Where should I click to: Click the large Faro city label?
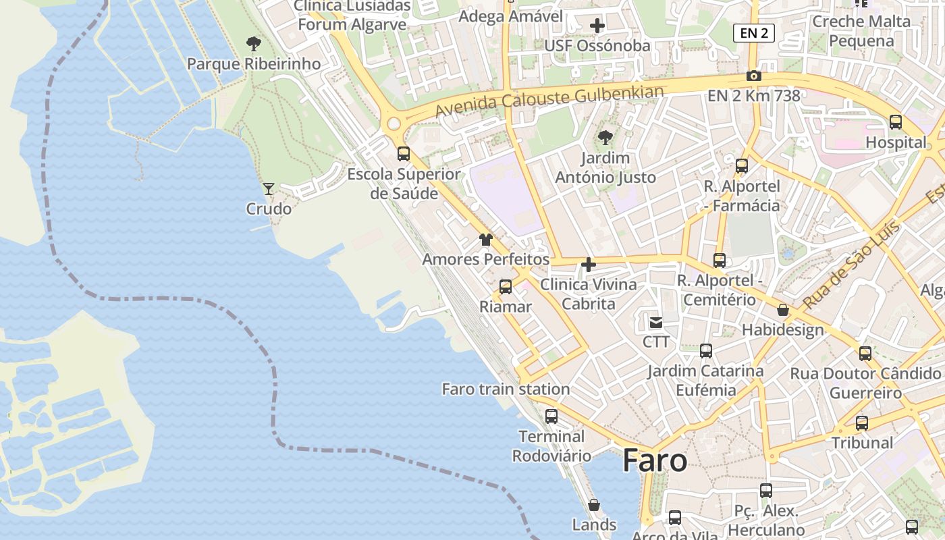pos(655,461)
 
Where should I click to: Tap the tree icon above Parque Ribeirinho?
pos(254,45)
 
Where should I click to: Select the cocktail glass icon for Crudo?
pos(269,189)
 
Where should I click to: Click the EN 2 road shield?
pos(753,33)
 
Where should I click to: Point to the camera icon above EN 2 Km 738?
pos(754,76)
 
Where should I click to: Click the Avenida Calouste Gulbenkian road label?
pos(549,101)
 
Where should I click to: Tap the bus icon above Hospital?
pos(896,122)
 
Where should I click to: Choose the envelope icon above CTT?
pos(656,322)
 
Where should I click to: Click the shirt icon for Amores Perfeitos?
pos(486,240)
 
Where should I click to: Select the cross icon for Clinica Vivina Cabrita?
pos(589,265)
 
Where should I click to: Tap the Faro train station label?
pos(506,389)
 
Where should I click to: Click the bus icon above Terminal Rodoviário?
pos(551,416)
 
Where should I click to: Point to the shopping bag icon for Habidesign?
pos(783,310)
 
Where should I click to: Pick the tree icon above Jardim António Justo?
pos(605,138)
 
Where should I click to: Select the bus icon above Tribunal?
pos(862,423)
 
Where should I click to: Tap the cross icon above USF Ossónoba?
pos(597,26)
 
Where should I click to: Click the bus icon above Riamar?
pos(506,287)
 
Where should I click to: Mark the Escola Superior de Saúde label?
pos(404,184)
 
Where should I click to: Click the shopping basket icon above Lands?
pos(594,505)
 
